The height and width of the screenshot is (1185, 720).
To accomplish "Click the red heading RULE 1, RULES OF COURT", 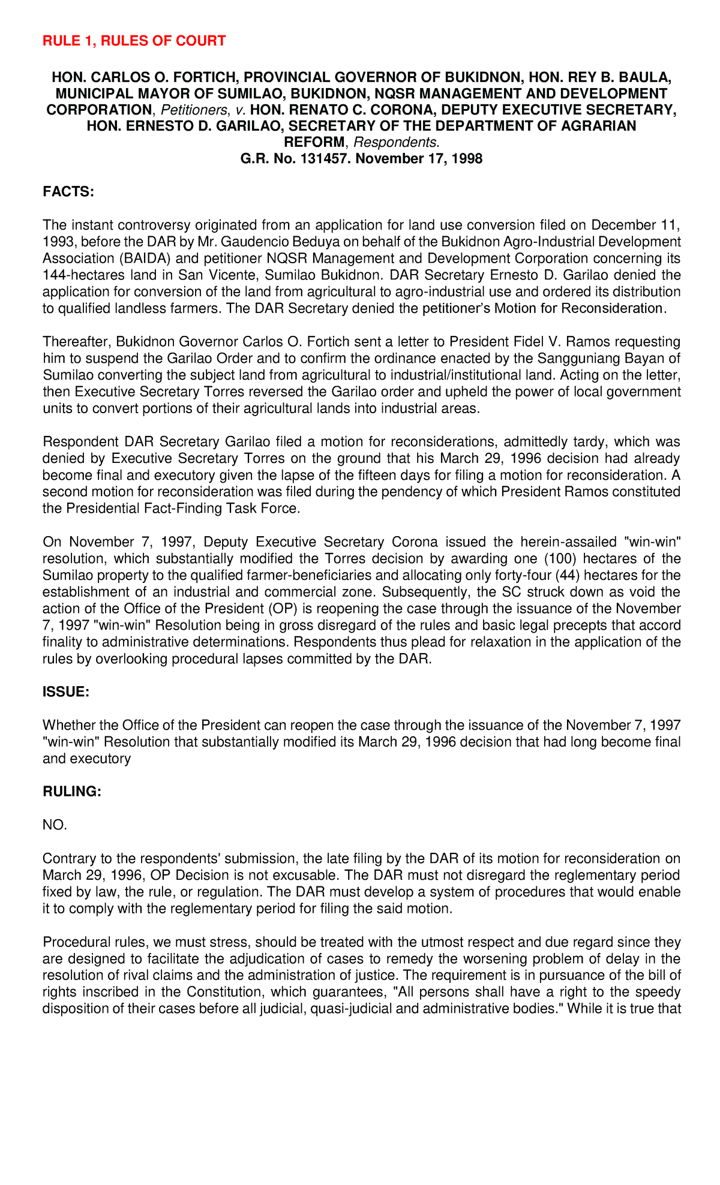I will pyautogui.click(x=134, y=41).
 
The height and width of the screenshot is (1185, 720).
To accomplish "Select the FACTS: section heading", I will pyautogui.click(x=68, y=192).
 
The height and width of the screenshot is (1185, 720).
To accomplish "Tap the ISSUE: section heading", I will pyautogui.click(x=66, y=692).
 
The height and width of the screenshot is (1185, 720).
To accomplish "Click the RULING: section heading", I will pyautogui.click(x=72, y=792).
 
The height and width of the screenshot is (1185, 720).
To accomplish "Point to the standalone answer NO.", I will pyautogui.click(x=55, y=825).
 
